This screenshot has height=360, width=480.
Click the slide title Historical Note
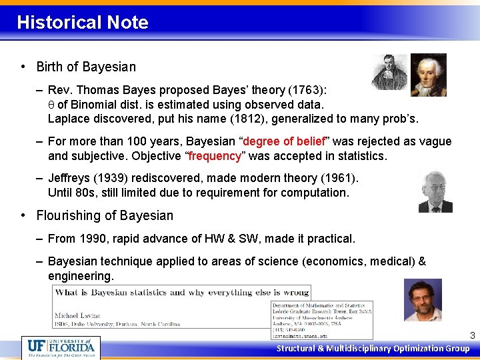tap(83, 23)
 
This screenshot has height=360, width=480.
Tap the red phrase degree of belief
tap(285, 141)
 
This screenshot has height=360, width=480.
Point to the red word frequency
tap(215, 156)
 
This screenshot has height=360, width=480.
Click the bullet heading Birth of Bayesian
tap(86, 67)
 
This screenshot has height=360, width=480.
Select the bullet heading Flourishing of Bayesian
tap(105, 215)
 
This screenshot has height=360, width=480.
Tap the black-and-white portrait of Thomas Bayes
tap(389, 72)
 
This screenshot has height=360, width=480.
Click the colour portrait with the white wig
tap(427, 75)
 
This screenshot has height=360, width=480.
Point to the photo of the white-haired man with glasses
tap(435, 191)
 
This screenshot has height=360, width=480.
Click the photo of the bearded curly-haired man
tap(423, 299)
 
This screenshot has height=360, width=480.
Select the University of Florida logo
tap(61, 347)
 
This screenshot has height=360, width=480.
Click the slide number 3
tap(472, 336)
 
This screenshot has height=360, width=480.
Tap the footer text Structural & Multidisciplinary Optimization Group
tap(373, 349)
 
